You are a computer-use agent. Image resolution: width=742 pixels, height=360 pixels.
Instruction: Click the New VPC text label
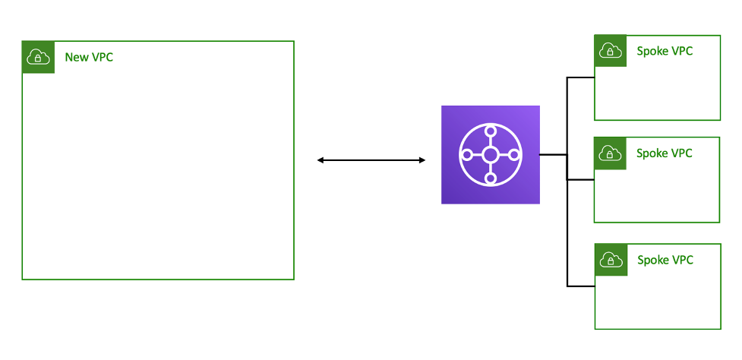pyautogui.click(x=89, y=57)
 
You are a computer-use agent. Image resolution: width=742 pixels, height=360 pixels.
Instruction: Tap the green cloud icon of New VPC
pyautogui.click(x=39, y=57)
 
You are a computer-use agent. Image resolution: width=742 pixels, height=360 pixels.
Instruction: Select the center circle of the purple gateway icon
pyautogui.click(x=491, y=155)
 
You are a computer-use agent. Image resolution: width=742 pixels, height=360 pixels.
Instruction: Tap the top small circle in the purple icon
pyautogui.click(x=491, y=131)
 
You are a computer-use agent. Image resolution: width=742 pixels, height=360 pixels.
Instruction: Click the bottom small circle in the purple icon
pyautogui.click(x=491, y=179)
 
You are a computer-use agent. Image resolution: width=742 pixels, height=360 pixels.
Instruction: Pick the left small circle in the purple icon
pyautogui.click(x=467, y=155)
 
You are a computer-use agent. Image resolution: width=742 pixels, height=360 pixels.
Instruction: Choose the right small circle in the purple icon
pyautogui.click(x=514, y=155)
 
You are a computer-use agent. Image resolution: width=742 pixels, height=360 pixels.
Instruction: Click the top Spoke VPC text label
pyautogui.click(x=665, y=51)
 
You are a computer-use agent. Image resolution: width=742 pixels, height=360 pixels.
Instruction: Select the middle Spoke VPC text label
pyautogui.click(x=665, y=153)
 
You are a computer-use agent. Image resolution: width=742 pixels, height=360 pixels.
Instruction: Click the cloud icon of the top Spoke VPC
pyautogui.click(x=611, y=51)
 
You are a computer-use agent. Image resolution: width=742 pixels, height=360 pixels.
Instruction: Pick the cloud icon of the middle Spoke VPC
pyautogui.click(x=611, y=153)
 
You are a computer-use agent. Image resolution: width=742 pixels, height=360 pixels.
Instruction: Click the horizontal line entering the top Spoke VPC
pyautogui.click(x=581, y=77)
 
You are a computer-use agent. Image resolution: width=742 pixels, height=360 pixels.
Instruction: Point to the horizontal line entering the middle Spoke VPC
pyautogui.click(x=581, y=180)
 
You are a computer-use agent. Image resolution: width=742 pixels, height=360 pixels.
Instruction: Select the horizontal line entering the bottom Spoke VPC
pyautogui.click(x=581, y=286)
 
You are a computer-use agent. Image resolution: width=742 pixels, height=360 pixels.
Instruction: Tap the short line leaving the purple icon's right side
pyautogui.click(x=553, y=155)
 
